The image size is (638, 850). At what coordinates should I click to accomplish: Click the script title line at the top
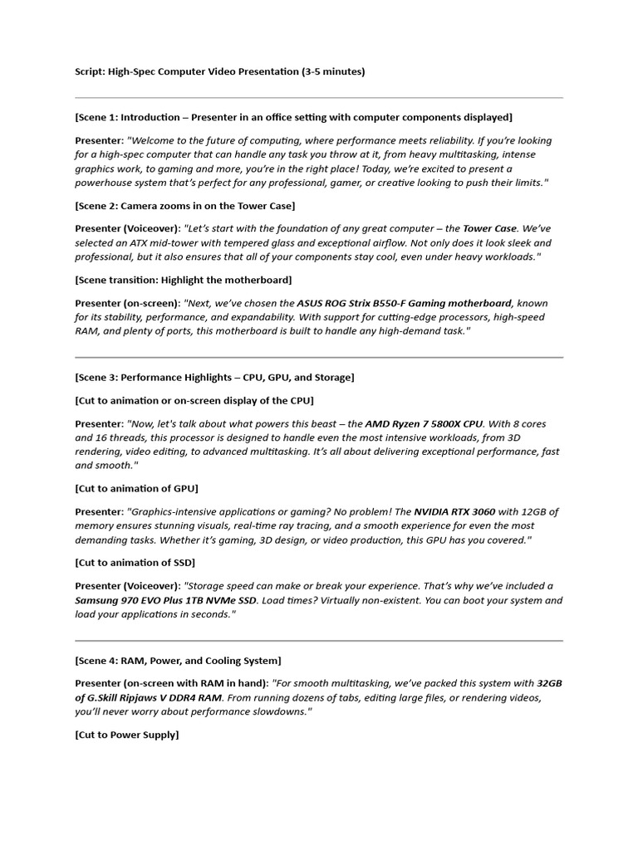(219, 72)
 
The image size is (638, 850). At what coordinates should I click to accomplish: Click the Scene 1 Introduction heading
(293, 117)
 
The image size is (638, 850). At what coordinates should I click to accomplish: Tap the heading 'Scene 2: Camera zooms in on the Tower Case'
(184, 205)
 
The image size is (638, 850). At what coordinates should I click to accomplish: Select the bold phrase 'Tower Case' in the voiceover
(490, 228)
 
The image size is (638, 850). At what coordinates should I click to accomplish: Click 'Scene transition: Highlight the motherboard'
(183, 280)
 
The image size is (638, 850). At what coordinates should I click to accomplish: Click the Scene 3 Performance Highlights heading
(214, 378)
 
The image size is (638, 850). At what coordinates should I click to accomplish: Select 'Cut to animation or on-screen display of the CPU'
(194, 400)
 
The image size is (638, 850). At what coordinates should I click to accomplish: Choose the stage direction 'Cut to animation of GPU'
(136, 488)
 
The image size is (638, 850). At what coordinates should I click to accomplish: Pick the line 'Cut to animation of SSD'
(135, 563)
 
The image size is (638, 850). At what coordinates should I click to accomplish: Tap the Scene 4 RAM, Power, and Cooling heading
(178, 661)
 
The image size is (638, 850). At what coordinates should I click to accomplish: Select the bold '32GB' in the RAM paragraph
(549, 683)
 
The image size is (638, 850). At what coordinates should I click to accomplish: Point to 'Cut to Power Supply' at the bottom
(126, 735)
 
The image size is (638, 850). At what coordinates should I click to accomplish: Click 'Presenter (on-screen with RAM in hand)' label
(171, 683)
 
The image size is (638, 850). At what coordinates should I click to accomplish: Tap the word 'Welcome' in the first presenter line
(153, 140)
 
